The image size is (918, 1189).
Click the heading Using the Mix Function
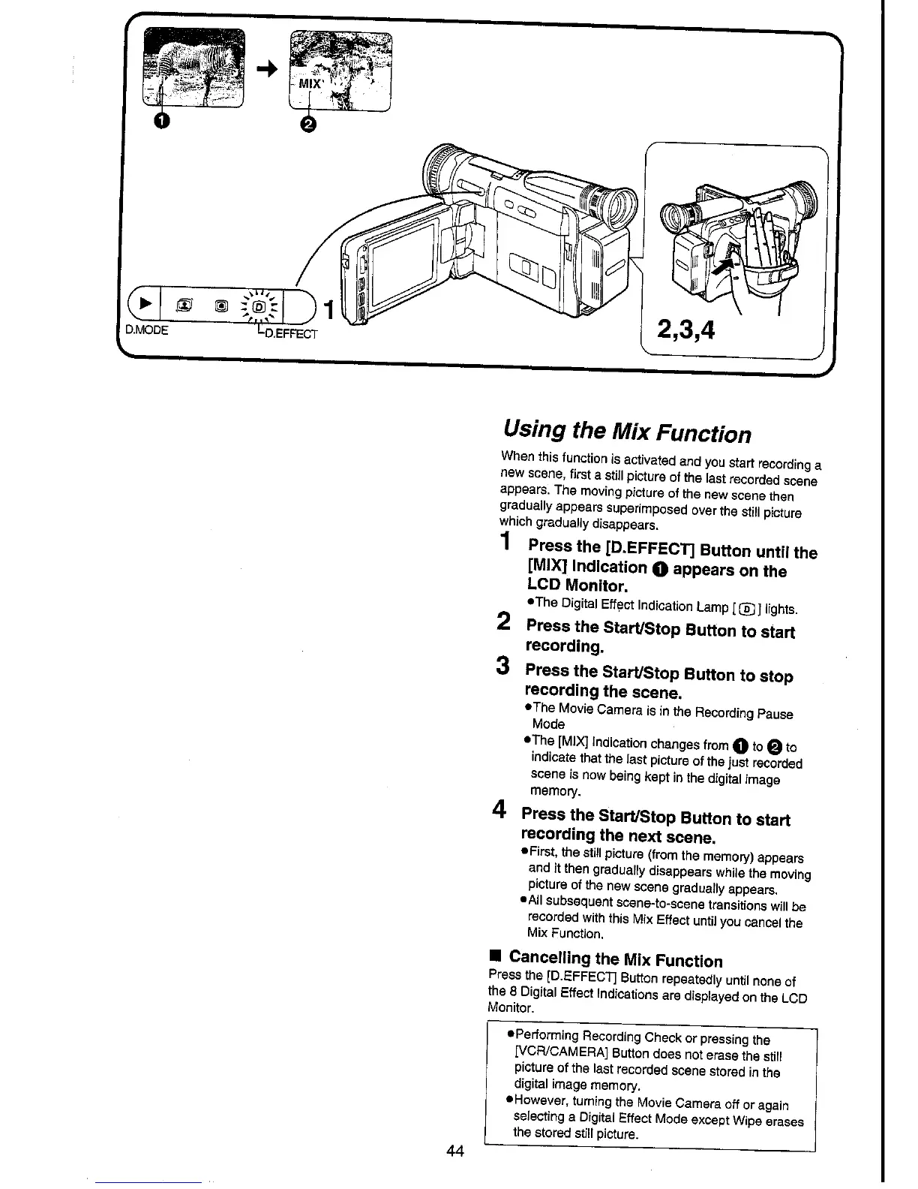pyautogui.click(x=626, y=432)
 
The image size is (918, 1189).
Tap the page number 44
pyautogui.click(x=454, y=1151)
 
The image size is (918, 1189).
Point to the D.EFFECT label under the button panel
pyautogui.click(x=287, y=333)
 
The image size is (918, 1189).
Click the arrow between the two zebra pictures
pyautogui.click(x=265, y=69)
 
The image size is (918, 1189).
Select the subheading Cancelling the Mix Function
pyautogui.click(x=615, y=959)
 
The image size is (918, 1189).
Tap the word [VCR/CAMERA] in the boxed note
pyautogui.click(x=559, y=1054)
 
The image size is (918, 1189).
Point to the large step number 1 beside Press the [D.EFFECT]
pyautogui.click(x=507, y=540)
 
